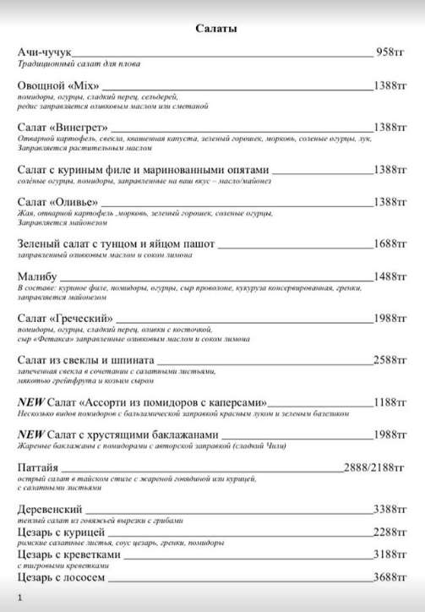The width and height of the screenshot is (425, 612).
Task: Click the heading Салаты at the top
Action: pos(215,29)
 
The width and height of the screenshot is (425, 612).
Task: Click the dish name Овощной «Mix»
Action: pos(58,86)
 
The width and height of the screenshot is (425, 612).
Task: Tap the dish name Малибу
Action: pos(36,276)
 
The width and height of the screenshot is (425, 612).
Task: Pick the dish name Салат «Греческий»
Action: pos(65,318)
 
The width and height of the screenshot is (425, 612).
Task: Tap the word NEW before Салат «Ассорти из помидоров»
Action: pos(30,402)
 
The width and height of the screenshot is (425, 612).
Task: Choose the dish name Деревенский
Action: pos(50,510)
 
